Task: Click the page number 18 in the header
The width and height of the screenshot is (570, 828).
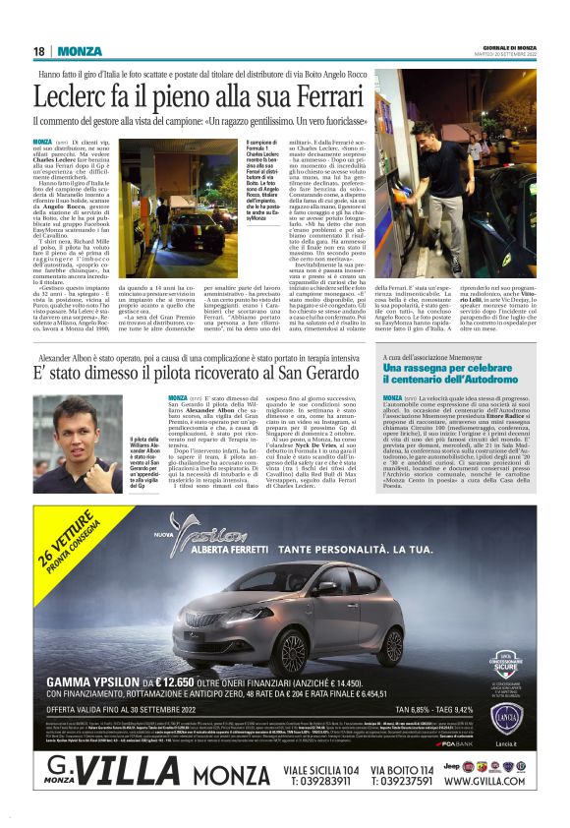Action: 38,51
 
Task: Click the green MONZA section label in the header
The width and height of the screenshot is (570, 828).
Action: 79,51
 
